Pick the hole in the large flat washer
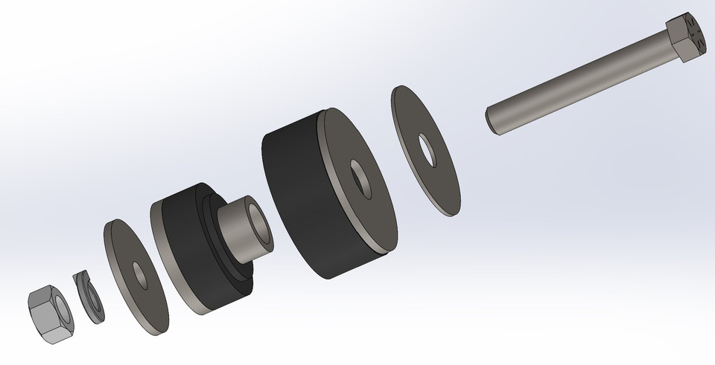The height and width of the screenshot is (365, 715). pyautogui.click(x=428, y=149)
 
